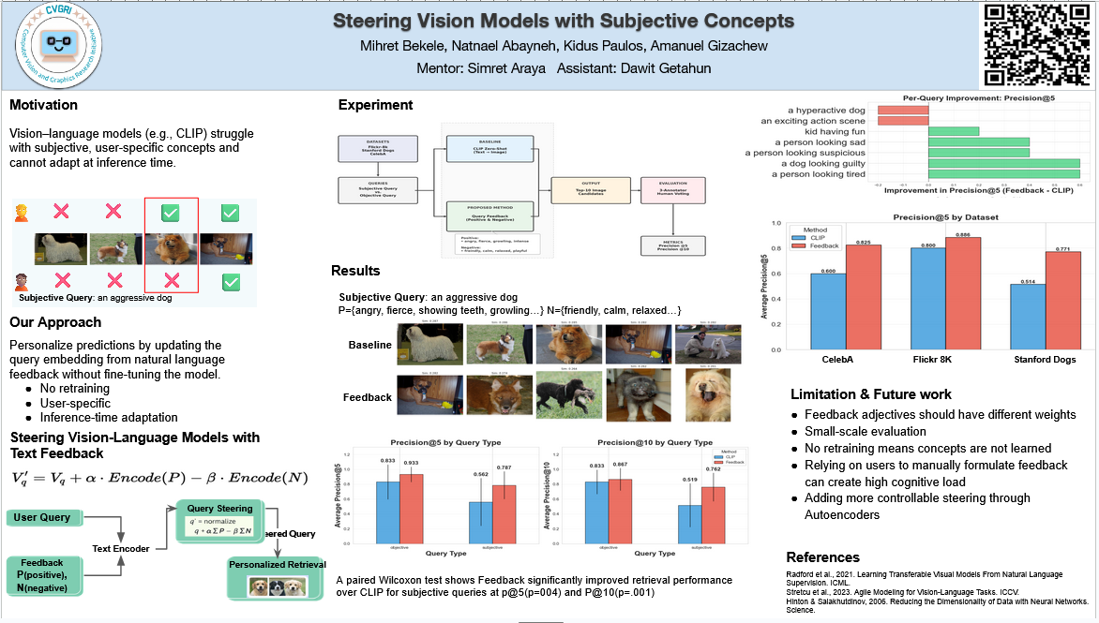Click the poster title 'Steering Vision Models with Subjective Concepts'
pos(564,22)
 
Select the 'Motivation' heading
pos(44,105)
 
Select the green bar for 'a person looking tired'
pos(1003,173)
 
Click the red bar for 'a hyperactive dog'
pos(902,110)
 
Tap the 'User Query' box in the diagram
pos(43,518)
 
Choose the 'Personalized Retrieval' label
pos(277,564)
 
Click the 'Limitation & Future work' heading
pos(870,394)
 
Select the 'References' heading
pos(823,557)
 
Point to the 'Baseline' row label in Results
pos(369,345)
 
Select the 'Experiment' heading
pos(375,105)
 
